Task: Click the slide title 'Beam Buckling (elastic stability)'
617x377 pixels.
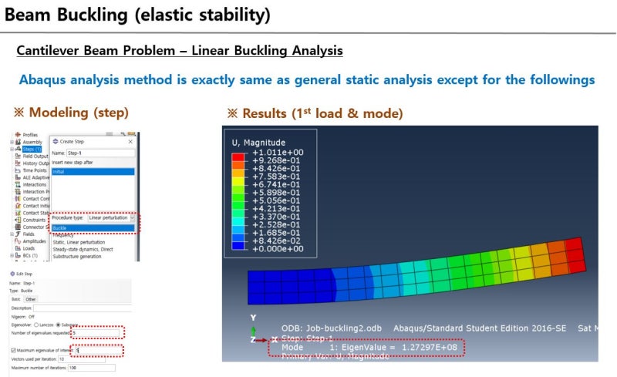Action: point(137,14)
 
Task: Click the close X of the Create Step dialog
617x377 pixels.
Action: point(130,142)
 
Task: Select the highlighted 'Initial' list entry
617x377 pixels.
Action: point(93,171)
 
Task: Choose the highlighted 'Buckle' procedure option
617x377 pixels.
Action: point(93,228)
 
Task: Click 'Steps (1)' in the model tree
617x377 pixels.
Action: point(34,149)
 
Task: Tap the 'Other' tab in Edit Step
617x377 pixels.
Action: point(31,299)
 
